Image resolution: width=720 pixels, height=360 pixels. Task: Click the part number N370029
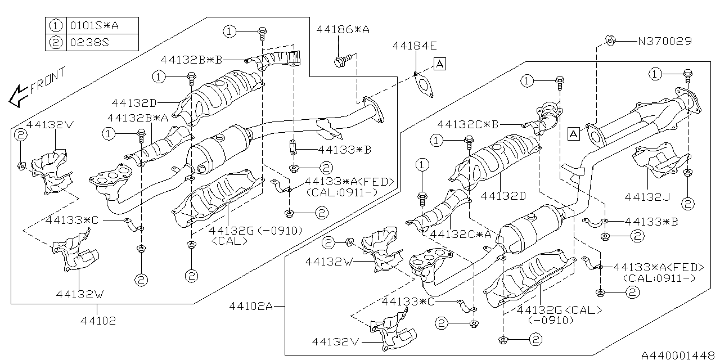pos(664,41)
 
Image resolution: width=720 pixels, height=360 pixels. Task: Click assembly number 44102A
pos(251,307)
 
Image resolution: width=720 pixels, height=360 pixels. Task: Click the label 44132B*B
pos(191,59)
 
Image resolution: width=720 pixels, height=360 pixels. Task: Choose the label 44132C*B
pos(468,124)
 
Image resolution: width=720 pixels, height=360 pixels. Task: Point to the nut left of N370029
pos(609,40)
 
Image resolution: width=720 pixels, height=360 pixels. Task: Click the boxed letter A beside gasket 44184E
pos(439,65)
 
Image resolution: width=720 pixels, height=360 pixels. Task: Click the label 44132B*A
pos(138,118)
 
